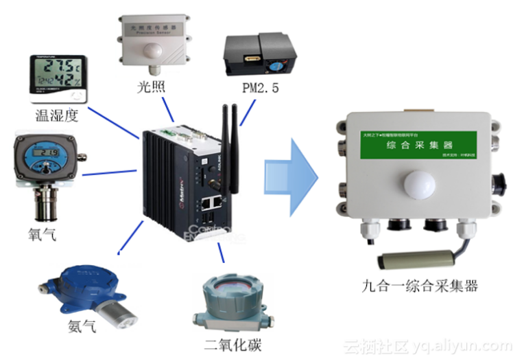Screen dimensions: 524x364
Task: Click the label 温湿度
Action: pyautogui.click(x=52, y=114)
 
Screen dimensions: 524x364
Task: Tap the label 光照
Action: pyautogui.click(x=151, y=87)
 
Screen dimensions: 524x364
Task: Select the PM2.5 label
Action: pyautogui.click(x=261, y=88)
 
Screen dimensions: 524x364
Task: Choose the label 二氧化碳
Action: pyautogui.click(x=233, y=344)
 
